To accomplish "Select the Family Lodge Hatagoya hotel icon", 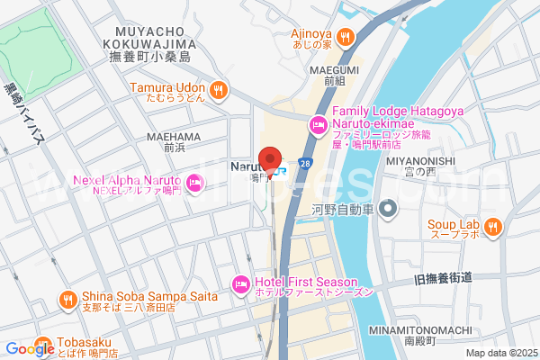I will point(317,124).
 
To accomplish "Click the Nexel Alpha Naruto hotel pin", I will point(195,185).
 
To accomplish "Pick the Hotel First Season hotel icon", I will point(240,283).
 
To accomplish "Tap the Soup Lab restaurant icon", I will point(492,229).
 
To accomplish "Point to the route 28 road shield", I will point(306,164).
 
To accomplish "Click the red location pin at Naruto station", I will point(269,158).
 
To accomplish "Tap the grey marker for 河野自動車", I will point(388,210).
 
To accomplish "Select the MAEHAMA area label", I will point(170,137).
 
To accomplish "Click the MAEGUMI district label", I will point(335,69).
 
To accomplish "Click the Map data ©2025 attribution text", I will point(500,353).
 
